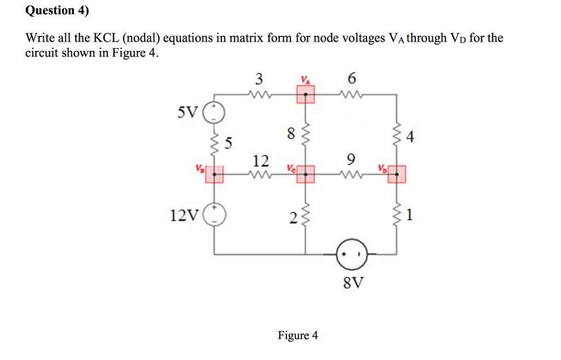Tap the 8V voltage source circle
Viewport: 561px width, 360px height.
point(351,255)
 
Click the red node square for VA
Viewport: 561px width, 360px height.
point(306,95)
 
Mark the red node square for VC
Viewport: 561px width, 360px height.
point(306,175)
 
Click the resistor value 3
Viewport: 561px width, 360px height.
point(259,78)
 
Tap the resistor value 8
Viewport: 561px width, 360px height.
point(290,133)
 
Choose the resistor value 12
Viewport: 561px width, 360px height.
point(261,161)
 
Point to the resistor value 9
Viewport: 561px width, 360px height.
point(351,159)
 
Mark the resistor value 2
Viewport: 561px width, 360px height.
point(293,220)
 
